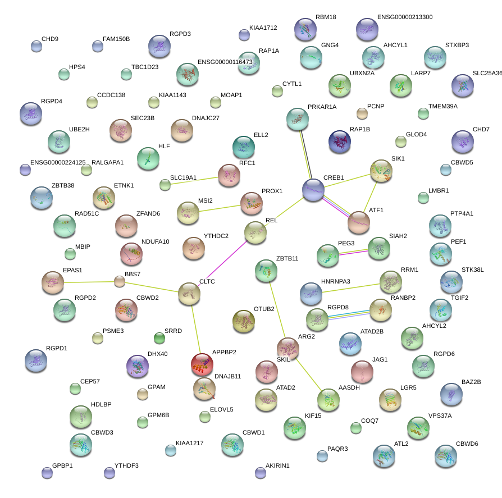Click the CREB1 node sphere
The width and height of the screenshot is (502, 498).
pyautogui.click(x=313, y=190)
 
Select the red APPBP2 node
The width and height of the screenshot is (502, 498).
pyautogui.click(x=202, y=364)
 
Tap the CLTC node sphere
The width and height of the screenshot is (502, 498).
pyautogui.click(x=189, y=294)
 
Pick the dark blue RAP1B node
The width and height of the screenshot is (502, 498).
pyautogui.click(x=339, y=141)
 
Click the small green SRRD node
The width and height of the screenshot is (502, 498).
pyautogui.click(x=159, y=338)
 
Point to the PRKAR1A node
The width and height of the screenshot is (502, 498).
pyautogui.click(x=297, y=118)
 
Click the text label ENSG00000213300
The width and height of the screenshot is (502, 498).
pyautogui.click(x=405, y=17)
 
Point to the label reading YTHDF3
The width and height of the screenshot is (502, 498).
pyautogui.click(x=126, y=465)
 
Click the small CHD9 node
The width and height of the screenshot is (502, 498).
pyautogui.click(x=36, y=46)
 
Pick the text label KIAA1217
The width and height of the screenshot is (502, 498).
pyautogui.click(x=189, y=443)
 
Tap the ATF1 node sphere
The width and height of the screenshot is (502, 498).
pyautogui.click(x=358, y=222)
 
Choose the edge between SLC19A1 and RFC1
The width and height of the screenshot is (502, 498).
pyautogui.click(x=191, y=180)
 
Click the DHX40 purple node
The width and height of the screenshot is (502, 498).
pyautogui.click(x=138, y=366)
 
